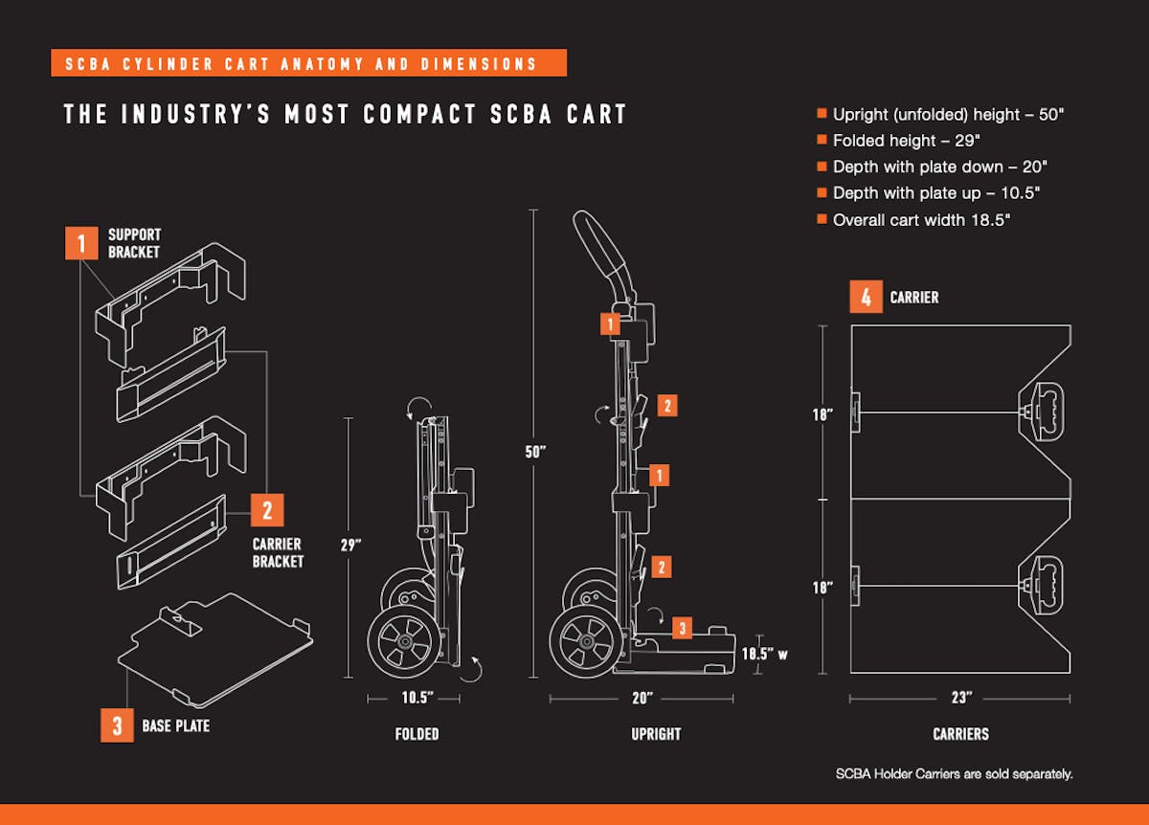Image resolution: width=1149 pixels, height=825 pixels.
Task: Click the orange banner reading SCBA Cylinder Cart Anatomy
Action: [x=307, y=64]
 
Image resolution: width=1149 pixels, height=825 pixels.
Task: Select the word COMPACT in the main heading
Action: [x=420, y=115]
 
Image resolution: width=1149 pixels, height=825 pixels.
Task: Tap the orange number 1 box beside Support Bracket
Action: [x=81, y=243]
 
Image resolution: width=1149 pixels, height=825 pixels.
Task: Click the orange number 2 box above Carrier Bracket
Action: [x=267, y=510]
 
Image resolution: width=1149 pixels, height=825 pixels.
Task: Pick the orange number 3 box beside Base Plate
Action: [x=117, y=725]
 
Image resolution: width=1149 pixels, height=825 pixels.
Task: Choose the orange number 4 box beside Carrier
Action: [x=866, y=298]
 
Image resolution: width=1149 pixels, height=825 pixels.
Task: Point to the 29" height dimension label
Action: [x=350, y=545]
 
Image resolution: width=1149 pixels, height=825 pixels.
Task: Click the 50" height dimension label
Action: [x=535, y=451]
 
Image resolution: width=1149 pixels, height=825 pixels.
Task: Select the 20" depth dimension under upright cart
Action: [x=642, y=698]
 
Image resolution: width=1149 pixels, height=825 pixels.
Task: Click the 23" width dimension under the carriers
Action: [x=960, y=698]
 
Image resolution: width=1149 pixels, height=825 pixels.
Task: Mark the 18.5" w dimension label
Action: [x=765, y=654]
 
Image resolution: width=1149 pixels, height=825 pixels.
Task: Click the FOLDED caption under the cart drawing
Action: [x=417, y=734]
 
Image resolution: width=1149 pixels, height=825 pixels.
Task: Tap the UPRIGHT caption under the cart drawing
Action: [x=656, y=734]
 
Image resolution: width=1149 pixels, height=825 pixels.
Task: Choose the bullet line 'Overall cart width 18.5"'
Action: [x=921, y=219]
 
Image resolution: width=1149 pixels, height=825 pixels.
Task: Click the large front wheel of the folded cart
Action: [x=404, y=639]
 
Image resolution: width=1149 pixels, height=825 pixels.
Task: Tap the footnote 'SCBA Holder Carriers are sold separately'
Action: [x=954, y=773]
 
